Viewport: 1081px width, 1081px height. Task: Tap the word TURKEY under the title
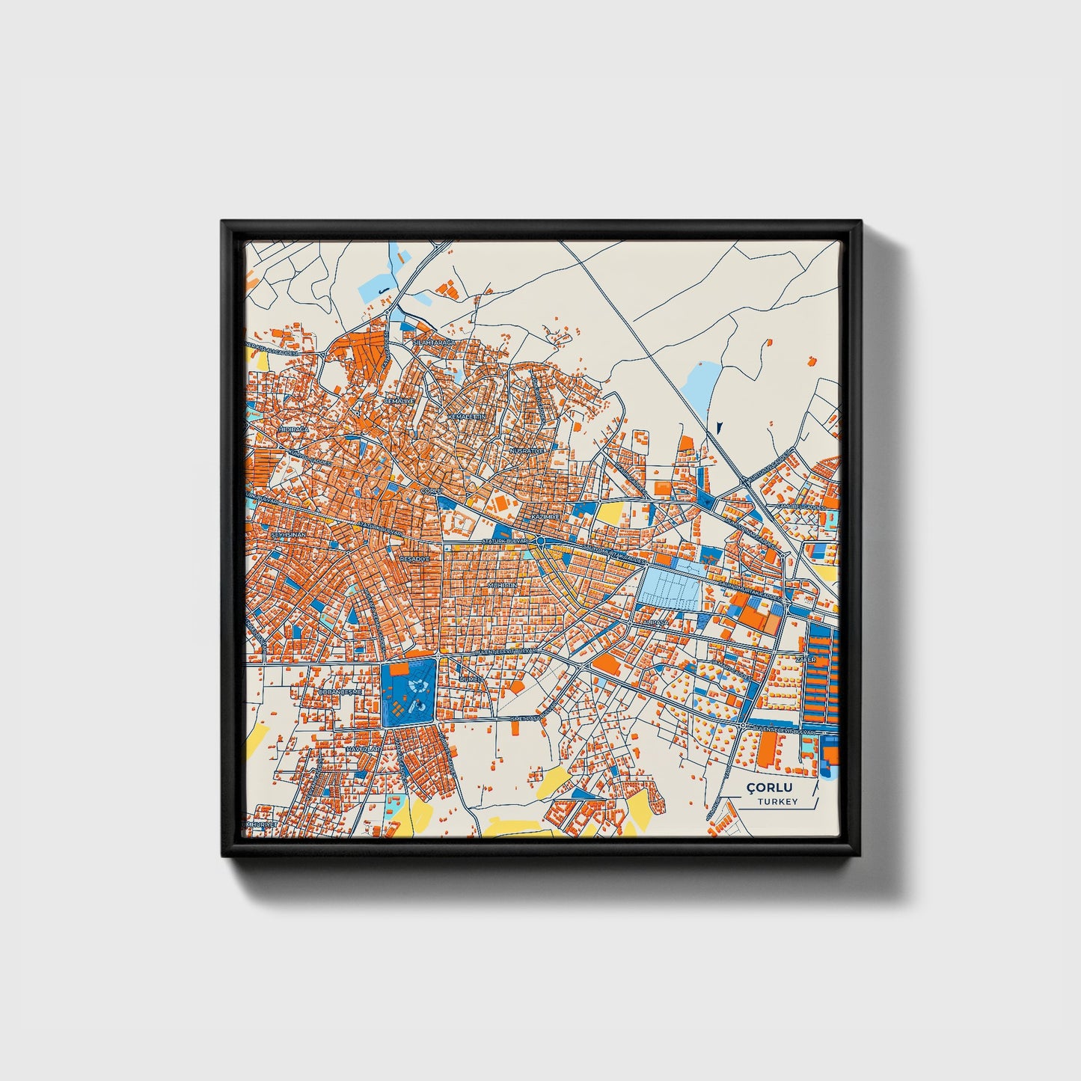[777, 802]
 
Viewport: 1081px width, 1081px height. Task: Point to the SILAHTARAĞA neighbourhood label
[434, 342]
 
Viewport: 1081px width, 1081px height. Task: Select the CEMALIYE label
[399, 401]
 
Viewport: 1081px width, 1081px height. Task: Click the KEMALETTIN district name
[467, 416]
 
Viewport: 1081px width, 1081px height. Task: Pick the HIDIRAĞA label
[293, 432]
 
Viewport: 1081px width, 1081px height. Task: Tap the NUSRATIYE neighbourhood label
[524, 452]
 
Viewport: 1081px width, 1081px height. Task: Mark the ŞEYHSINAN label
[285, 536]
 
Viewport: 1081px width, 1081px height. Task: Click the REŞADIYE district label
[415, 559]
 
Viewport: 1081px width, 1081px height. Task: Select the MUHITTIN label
[502, 585]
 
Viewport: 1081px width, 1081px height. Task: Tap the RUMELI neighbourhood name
[471, 679]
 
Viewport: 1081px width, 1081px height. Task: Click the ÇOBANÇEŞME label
[340, 693]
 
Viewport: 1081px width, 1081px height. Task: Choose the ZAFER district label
[806, 660]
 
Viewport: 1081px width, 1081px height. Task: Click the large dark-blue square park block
[408, 691]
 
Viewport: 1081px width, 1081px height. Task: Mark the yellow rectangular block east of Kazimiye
[610, 513]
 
